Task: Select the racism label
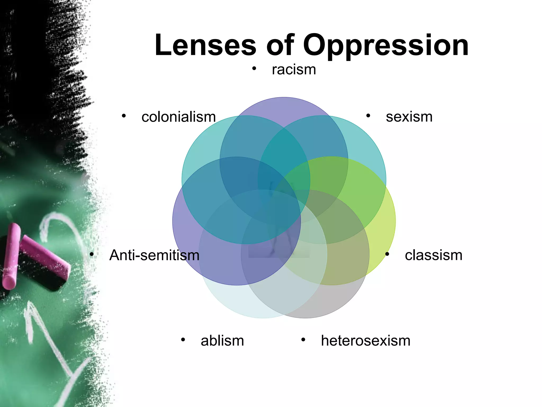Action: pos(294,70)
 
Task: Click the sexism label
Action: pos(409,117)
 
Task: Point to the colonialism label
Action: pos(179,117)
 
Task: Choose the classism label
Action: pos(433,255)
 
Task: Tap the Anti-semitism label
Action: pos(154,255)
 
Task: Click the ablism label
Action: pos(222,341)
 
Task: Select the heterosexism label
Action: pos(365,341)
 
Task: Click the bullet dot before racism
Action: pos(254,69)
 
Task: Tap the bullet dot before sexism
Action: pos(368,116)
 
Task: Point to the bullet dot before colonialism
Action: pos(124,116)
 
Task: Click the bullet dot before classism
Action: pos(387,254)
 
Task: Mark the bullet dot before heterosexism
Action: pos(303,340)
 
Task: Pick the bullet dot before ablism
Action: pos(183,340)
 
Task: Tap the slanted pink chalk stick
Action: pos(45,254)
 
